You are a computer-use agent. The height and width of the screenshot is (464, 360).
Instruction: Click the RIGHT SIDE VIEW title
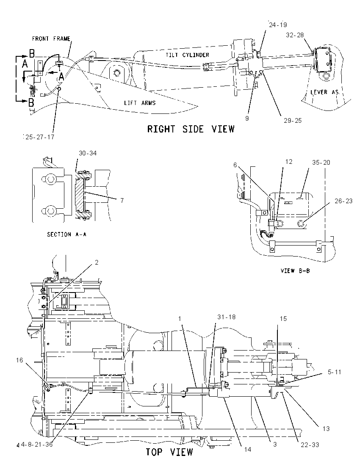[191, 129]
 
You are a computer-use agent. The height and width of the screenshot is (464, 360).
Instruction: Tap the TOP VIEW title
[169, 452]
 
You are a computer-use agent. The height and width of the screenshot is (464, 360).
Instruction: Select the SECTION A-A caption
[66, 235]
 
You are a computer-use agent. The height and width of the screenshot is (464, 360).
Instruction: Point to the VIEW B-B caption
[295, 271]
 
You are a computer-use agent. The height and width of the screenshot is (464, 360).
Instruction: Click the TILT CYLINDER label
[187, 55]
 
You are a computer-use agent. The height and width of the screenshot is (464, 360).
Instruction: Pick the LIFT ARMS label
[140, 103]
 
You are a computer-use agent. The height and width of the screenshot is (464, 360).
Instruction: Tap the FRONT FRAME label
[51, 39]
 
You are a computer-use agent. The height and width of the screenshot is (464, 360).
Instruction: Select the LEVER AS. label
[324, 92]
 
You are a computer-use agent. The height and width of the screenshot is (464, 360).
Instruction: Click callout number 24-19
[278, 25]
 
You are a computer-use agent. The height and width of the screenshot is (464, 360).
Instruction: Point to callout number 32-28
[295, 35]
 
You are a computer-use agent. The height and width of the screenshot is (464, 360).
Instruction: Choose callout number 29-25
[293, 121]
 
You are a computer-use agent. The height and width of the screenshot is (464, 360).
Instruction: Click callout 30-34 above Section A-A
[88, 153]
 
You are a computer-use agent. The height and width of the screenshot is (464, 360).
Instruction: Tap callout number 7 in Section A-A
[122, 200]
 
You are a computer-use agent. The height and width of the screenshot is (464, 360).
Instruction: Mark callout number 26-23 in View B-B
[344, 201]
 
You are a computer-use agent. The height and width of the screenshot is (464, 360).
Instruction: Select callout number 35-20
[321, 163]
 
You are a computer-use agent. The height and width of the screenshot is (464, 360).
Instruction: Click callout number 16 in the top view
[19, 360]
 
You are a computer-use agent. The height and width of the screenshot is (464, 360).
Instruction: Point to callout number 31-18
[227, 317]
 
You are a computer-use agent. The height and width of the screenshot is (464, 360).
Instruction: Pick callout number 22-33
[310, 445]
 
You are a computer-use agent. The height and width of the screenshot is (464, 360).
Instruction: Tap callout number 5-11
[335, 372]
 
